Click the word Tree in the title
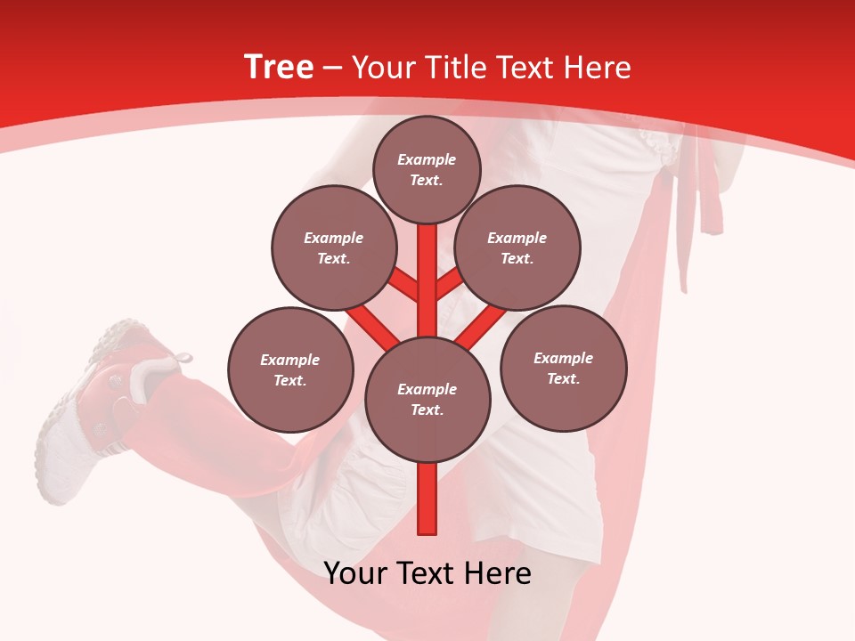[x=278, y=68]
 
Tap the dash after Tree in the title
[x=332, y=69]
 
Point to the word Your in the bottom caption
[x=354, y=572]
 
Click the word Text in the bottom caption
[x=427, y=572]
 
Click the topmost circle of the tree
[x=427, y=169]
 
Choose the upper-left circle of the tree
[x=334, y=247]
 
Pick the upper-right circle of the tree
[x=517, y=247]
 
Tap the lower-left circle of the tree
[x=290, y=369]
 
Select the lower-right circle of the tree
[x=563, y=368]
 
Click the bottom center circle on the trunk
[x=427, y=399]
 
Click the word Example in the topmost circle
[x=427, y=159]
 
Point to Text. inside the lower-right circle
[x=563, y=378]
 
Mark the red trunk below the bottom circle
[x=427, y=499]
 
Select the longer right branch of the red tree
[x=479, y=326]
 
